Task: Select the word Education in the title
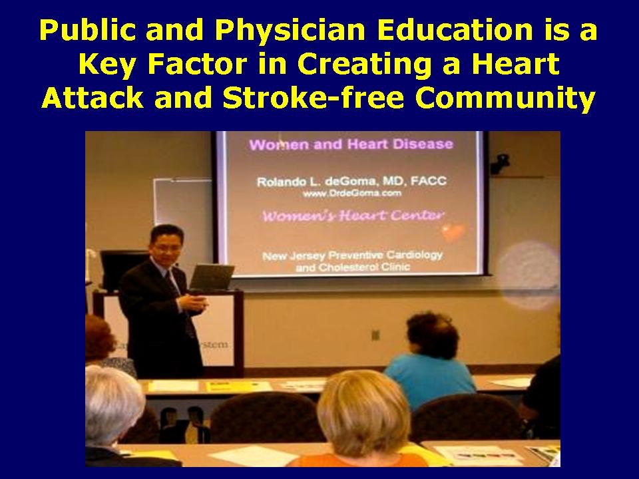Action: [406, 31]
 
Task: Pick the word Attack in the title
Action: [86, 98]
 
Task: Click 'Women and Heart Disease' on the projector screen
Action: [350, 144]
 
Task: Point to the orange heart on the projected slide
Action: [454, 233]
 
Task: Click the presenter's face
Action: [162, 243]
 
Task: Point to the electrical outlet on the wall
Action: [376, 334]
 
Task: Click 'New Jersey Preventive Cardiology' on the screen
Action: [353, 256]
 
